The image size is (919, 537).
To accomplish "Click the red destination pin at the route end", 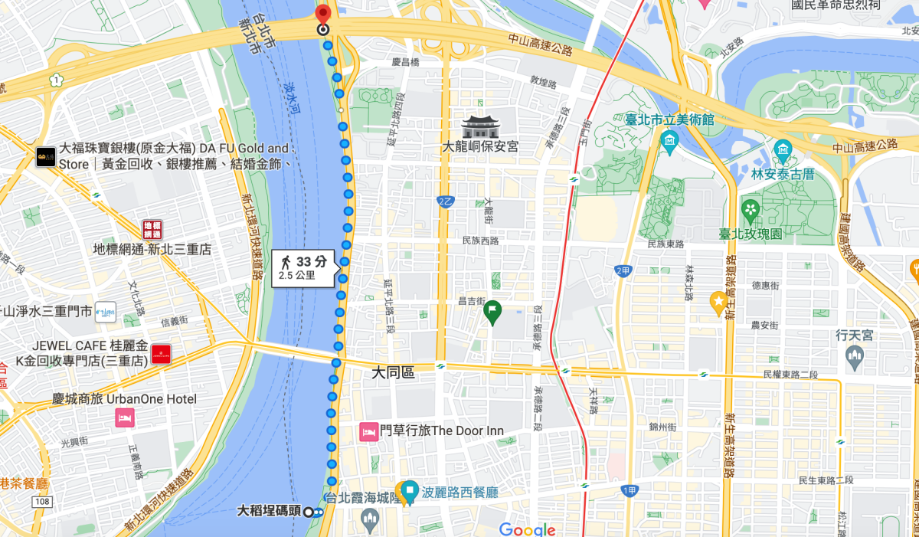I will [323, 15].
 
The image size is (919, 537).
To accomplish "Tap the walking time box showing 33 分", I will [303, 268].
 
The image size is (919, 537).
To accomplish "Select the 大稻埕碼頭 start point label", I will [269, 511].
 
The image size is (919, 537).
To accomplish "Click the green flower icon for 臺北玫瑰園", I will [751, 209].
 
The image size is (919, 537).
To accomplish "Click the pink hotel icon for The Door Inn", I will [368, 431].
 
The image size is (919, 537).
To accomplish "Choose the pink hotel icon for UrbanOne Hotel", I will [124, 418].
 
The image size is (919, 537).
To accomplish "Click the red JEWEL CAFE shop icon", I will [162, 353].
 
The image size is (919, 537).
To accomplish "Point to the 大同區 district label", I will [393, 373].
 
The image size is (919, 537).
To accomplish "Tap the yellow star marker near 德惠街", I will [718, 303].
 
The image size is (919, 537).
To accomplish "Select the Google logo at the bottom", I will [527, 529].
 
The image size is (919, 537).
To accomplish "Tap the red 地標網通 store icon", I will [152, 228].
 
